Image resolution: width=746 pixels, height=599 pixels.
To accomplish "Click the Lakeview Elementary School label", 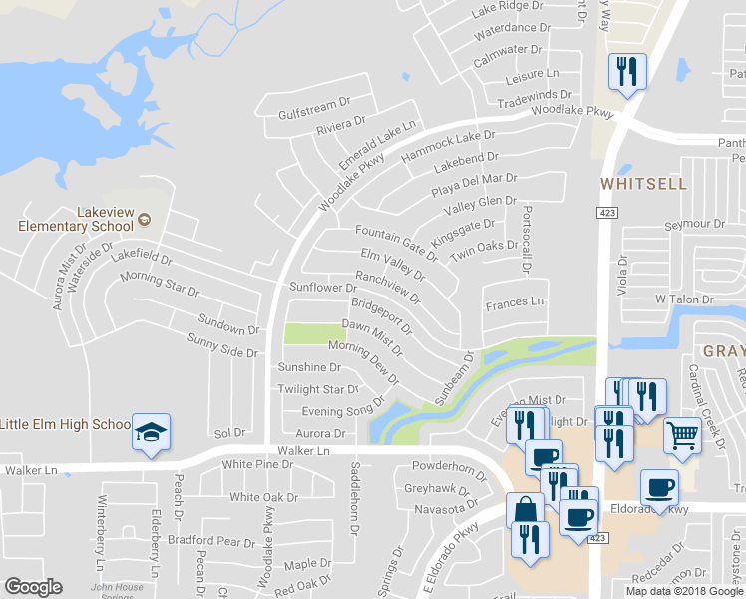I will pyautogui.click(x=76, y=220).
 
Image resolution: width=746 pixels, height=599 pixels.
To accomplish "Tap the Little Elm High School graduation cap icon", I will pyautogui.click(x=151, y=431).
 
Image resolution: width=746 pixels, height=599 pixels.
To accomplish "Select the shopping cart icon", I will pyautogui.click(x=682, y=434).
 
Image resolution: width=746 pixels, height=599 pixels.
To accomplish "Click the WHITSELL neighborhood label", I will pyautogui.click(x=643, y=184).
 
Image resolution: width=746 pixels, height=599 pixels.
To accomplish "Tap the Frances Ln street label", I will pyautogui.click(x=515, y=300).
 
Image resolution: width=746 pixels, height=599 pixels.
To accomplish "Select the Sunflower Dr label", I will pyautogui.click(x=316, y=287).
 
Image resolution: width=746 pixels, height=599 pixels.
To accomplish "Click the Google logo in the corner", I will pyautogui.click(x=33, y=587).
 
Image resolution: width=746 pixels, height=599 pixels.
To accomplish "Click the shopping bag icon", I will pyautogui.click(x=525, y=510).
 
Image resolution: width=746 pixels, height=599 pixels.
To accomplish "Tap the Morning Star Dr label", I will pyautogui.click(x=160, y=284).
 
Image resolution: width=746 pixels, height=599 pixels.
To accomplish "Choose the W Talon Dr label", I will pyautogui.click(x=684, y=299).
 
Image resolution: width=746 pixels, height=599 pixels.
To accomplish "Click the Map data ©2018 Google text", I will pyautogui.click(x=684, y=591).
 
